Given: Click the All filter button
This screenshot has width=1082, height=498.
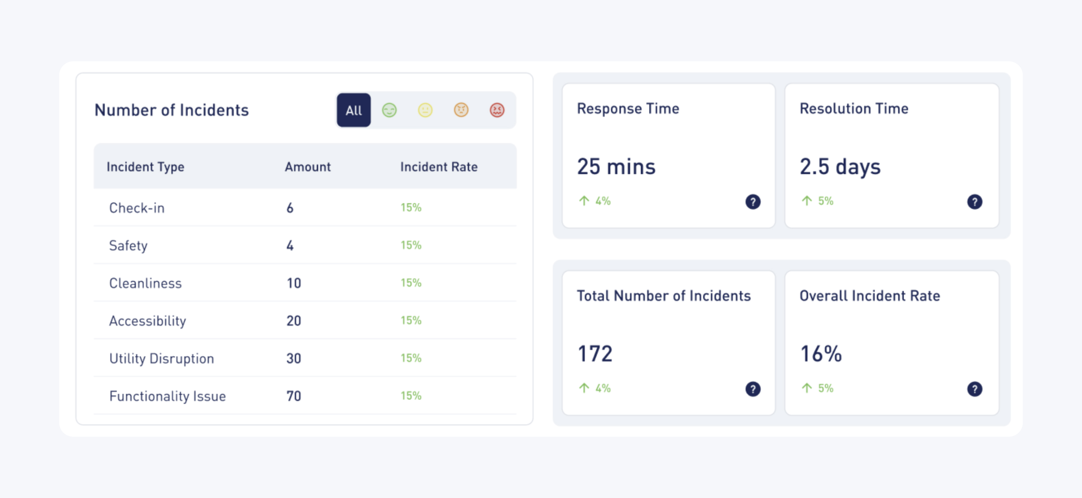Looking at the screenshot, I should pyautogui.click(x=353, y=110).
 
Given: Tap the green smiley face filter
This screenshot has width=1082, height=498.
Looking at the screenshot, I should pyautogui.click(x=389, y=110).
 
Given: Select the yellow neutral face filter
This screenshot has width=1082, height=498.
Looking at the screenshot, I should pyautogui.click(x=425, y=110).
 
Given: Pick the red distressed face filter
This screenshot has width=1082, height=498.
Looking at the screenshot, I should pyautogui.click(x=497, y=110).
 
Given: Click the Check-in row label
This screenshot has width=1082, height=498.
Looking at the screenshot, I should pyautogui.click(x=136, y=208).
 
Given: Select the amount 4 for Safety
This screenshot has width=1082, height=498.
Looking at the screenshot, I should pyautogui.click(x=290, y=245).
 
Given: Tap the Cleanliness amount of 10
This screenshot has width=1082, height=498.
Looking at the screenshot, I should pyautogui.click(x=294, y=283).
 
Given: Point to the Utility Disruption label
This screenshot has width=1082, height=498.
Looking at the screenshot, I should pyautogui.click(x=161, y=358).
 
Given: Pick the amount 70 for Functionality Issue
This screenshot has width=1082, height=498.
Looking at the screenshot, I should pyautogui.click(x=294, y=396).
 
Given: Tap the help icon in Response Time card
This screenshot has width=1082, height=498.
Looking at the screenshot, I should pyautogui.click(x=753, y=202).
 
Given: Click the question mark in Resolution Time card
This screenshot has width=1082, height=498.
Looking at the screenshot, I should pyautogui.click(x=974, y=202).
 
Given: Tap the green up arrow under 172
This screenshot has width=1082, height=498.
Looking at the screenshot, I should pyautogui.click(x=584, y=388).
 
